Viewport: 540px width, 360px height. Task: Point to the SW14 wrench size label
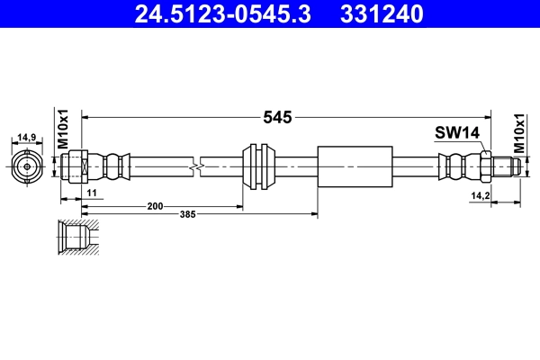click(457, 132)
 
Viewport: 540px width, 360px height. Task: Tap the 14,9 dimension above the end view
click(27, 138)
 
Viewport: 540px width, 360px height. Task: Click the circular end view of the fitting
click(27, 166)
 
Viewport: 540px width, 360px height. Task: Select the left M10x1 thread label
click(63, 128)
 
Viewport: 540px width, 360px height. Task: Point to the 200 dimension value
click(156, 206)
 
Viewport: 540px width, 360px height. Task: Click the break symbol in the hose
click(196, 166)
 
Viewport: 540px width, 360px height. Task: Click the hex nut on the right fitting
click(484, 166)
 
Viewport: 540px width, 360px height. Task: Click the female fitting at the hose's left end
click(76, 166)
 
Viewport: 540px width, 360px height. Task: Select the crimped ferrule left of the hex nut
click(455, 166)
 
